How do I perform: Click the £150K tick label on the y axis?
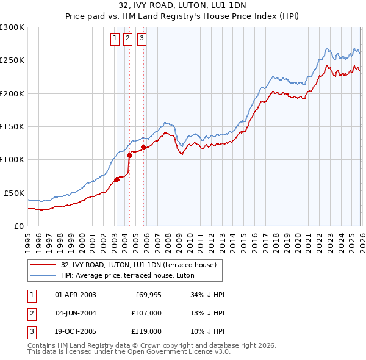pos(12,126)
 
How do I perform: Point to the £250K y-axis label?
pos(12,60)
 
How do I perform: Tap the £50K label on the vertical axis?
pos(14,193)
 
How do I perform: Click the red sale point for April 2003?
pos(117,179)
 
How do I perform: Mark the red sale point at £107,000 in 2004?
pos(129,155)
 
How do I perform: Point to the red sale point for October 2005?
pos(144,147)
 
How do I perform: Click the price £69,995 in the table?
pos(146,295)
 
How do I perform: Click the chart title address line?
pos(182,7)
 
